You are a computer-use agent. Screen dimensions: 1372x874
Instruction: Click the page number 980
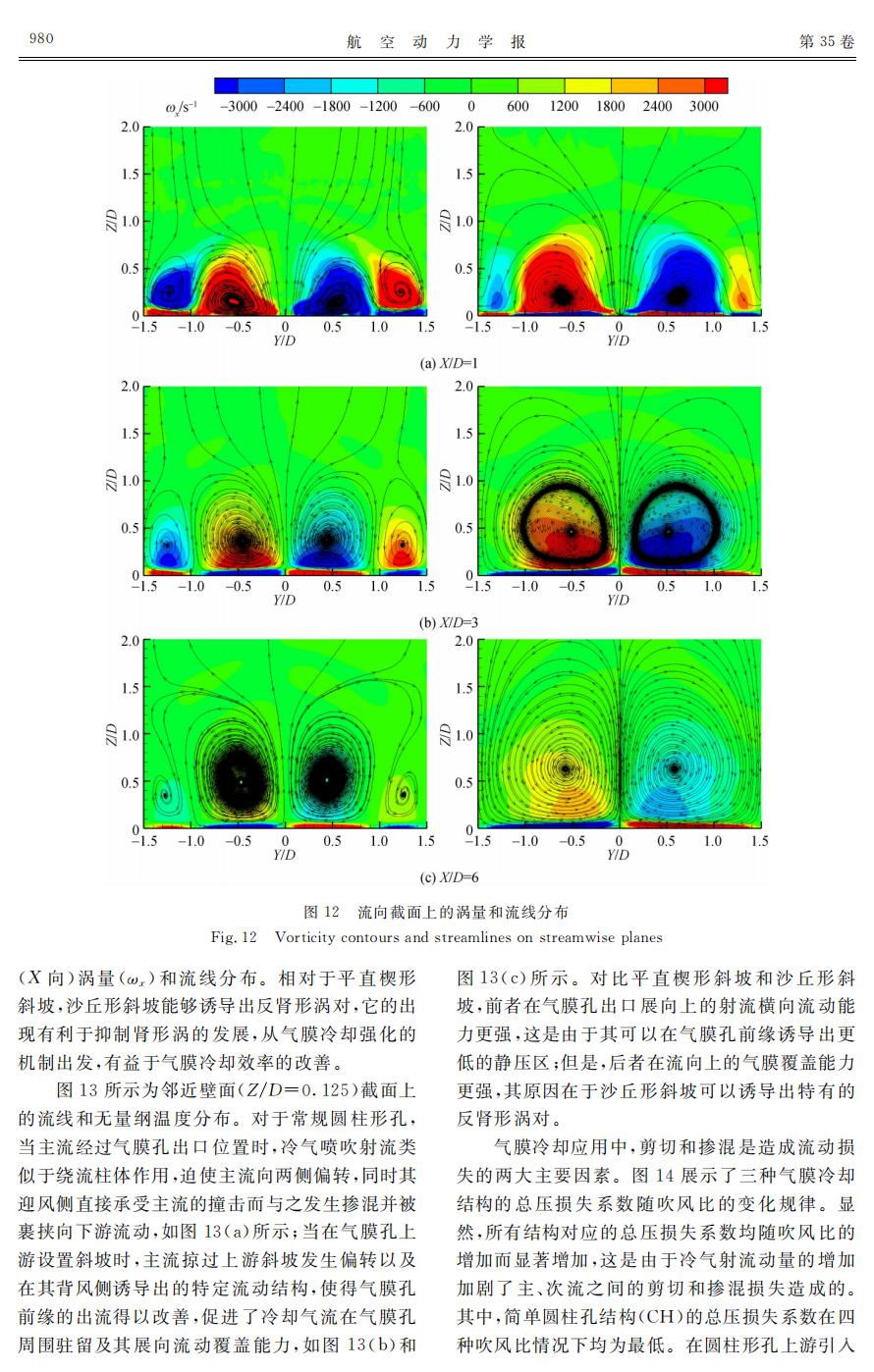pos(41,39)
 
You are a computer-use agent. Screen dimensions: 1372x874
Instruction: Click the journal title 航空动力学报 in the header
pos(436,41)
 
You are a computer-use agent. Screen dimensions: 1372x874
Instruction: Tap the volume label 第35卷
pos(827,41)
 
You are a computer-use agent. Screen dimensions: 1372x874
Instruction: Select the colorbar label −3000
pos(240,106)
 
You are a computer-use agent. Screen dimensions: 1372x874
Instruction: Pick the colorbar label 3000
pos(703,106)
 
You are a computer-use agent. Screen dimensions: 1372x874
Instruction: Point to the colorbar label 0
pos(471,106)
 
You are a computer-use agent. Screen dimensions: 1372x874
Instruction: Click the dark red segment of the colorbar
pos(716,86)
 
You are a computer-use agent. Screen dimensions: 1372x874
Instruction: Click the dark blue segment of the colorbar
pos(227,86)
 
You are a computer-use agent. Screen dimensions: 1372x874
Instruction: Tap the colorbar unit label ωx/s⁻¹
pos(182,106)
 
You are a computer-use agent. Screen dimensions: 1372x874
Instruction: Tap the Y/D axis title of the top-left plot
pos(285,341)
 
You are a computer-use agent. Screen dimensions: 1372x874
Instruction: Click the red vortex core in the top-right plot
pos(561,293)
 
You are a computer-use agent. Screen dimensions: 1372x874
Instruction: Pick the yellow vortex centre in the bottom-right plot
pos(565,768)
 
